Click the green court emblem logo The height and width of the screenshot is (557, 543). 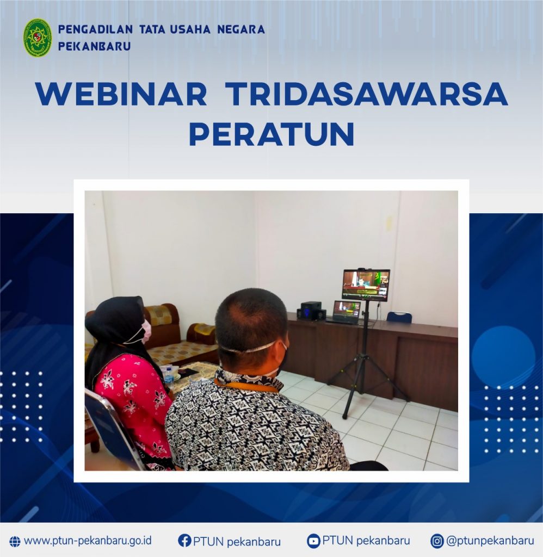[x=38, y=38]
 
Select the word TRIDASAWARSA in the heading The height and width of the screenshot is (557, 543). [x=366, y=94]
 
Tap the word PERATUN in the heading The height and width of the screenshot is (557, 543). [x=271, y=134]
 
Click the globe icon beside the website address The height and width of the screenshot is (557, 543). [x=15, y=541]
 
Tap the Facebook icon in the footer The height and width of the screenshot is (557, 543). [x=184, y=540]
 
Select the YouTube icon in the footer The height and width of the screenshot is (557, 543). [x=313, y=541]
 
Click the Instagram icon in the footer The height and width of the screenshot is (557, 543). [x=437, y=541]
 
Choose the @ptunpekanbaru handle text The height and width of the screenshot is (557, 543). [x=490, y=541]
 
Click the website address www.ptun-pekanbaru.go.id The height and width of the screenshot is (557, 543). [x=88, y=541]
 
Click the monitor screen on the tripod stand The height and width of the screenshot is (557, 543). [x=366, y=284]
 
